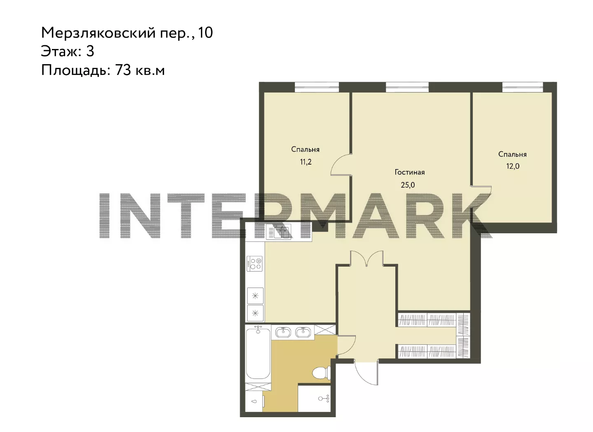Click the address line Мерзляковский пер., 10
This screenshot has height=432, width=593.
click(127, 33)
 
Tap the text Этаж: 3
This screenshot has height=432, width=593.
click(68, 51)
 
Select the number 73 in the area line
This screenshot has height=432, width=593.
click(123, 70)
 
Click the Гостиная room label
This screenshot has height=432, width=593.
click(409, 172)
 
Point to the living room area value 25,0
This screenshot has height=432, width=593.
click(408, 185)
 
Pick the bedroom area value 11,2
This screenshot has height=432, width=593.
click(306, 162)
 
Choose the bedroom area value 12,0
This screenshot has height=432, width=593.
click(513, 166)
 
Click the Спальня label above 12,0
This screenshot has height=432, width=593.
click(513, 155)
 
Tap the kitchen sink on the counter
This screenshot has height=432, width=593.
click(278, 232)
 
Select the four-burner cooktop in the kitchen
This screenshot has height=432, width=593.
click(254, 263)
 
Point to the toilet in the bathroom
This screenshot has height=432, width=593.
click(321, 373)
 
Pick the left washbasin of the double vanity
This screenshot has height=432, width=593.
click(283, 332)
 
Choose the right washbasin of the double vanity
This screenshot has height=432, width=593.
click(304, 332)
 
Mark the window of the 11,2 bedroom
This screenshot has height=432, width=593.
click(317, 87)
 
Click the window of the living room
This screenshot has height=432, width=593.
click(407, 87)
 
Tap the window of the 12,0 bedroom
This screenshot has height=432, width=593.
click(523, 87)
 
